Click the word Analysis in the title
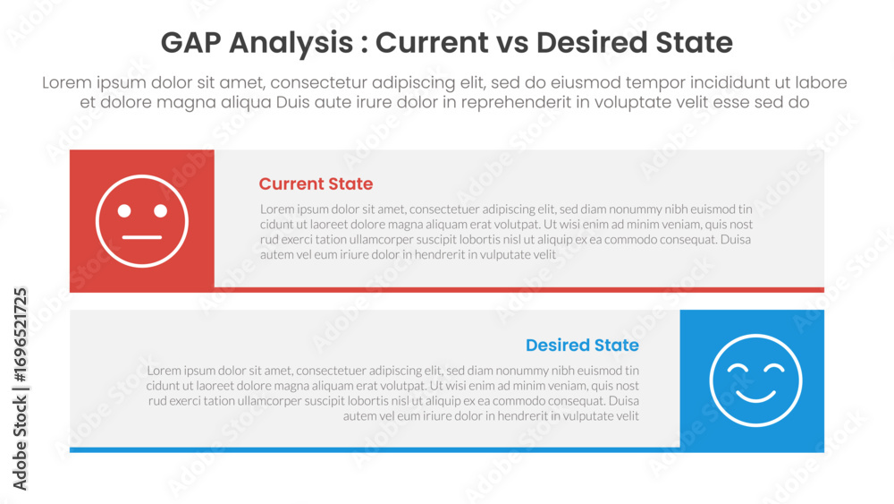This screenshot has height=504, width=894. [x=291, y=43]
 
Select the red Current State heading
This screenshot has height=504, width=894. [x=316, y=184]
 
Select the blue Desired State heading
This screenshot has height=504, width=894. [x=582, y=346]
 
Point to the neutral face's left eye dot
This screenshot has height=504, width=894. [x=124, y=210]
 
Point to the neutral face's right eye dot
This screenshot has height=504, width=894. [x=160, y=210]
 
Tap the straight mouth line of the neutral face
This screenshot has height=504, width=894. [x=142, y=237]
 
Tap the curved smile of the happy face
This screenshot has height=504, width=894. [x=755, y=397]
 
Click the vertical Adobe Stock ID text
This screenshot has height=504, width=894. [x=20, y=389]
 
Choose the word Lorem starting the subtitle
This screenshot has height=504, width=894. [x=67, y=82]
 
